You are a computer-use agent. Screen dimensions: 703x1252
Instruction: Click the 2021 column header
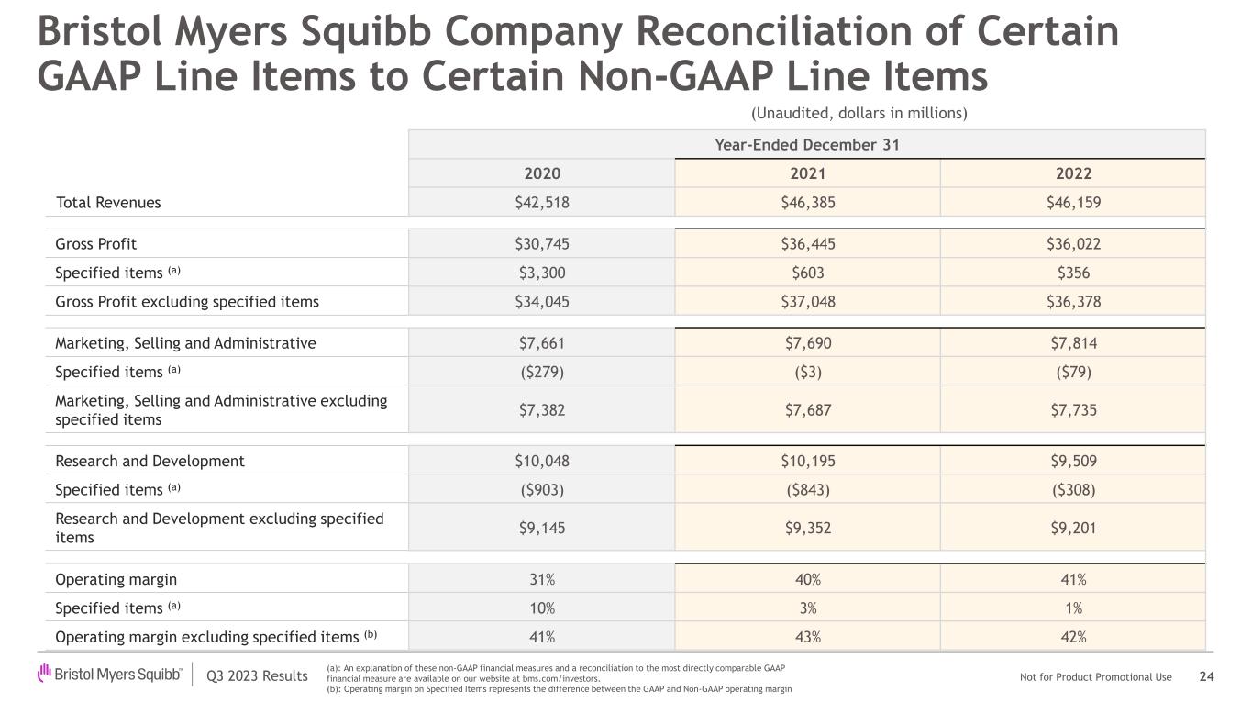point(807,173)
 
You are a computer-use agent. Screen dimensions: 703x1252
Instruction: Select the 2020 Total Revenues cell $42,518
point(541,203)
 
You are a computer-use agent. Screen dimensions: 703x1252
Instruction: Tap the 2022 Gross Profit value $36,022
point(1071,244)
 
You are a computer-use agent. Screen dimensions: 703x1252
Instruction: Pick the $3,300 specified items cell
point(541,273)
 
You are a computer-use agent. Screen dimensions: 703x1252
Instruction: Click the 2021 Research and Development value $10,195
point(807,461)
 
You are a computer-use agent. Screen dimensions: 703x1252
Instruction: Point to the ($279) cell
point(541,372)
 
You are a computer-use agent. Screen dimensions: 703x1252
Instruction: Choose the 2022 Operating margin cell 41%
point(1071,579)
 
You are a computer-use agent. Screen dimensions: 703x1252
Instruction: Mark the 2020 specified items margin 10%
point(541,608)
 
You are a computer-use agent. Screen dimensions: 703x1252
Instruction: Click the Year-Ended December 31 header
point(806,145)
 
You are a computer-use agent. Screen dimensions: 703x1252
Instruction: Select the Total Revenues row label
point(108,203)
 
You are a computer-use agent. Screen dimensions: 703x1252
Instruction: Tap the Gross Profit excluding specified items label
point(187,301)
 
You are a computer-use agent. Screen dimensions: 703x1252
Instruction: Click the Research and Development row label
point(150,461)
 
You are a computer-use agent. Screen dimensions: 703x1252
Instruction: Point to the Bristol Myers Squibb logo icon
point(44,675)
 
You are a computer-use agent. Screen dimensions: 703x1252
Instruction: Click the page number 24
point(1207,677)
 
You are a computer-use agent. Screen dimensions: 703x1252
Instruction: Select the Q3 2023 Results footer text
point(257,676)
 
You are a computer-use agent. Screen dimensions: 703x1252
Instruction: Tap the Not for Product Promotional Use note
point(1095,677)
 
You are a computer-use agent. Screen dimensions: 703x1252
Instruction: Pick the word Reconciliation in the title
point(776,33)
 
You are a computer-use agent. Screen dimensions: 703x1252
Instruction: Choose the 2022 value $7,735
point(1071,409)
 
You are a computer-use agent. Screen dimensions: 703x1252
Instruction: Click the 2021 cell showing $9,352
point(807,528)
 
